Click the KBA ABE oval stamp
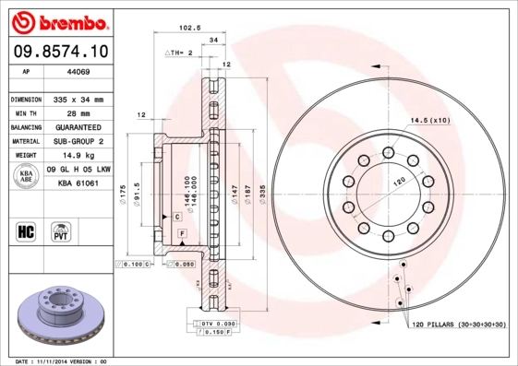coord(26,176)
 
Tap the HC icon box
coord(25,230)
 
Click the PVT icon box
coord(61,230)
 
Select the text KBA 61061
coord(78,183)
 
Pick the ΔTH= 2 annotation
coord(178,53)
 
